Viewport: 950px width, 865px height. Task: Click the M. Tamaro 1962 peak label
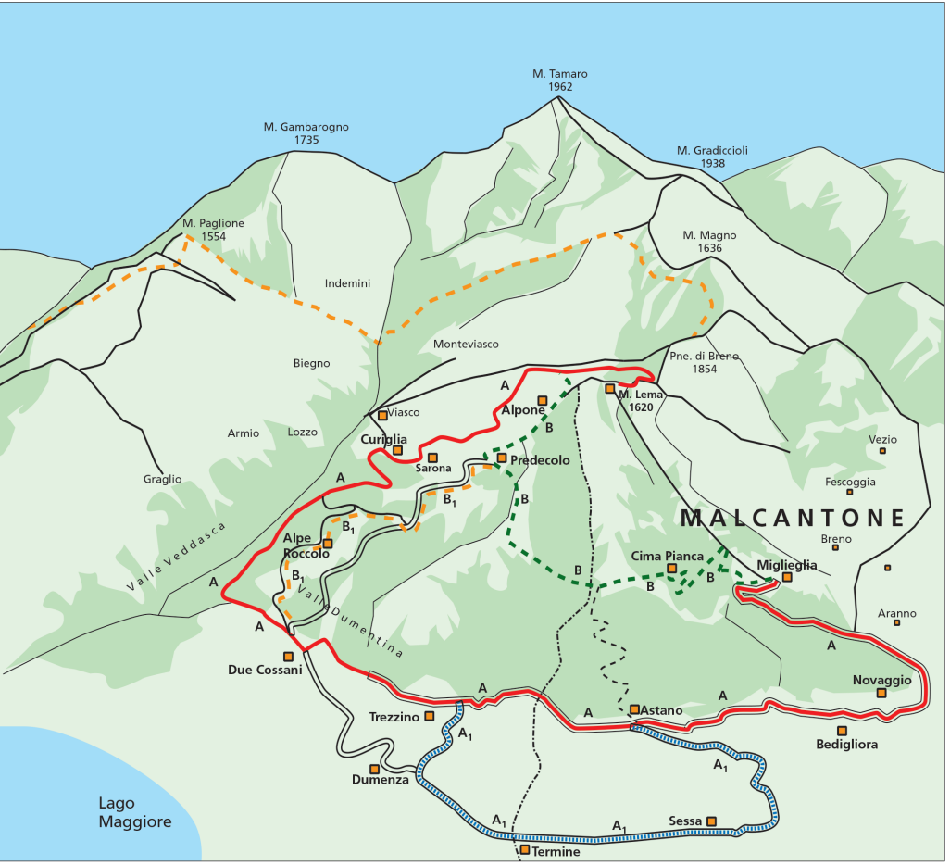click(559, 81)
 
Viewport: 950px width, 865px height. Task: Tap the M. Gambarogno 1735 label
click(306, 133)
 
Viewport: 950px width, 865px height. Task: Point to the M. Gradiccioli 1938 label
click(712, 157)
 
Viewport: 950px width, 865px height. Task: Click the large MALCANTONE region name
click(792, 518)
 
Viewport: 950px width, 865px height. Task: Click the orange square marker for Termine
click(525, 849)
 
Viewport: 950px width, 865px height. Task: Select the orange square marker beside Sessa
click(711, 821)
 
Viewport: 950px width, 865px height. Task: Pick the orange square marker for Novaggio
click(881, 692)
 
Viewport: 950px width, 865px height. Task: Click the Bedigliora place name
click(845, 745)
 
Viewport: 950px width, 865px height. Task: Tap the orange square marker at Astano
click(634, 709)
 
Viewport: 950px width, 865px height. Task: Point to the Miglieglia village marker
click(786, 577)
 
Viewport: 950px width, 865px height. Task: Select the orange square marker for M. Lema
click(609, 388)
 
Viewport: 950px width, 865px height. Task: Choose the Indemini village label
click(347, 283)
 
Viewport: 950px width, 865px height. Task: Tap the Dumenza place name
click(380, 780)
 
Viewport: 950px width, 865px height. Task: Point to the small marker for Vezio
click(882, 451)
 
